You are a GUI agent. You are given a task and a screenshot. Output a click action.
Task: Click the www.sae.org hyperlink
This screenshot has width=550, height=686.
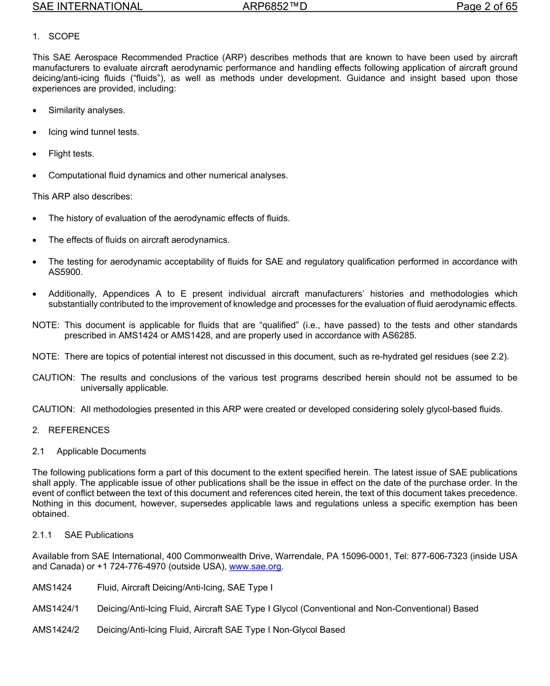(x=255, y=567)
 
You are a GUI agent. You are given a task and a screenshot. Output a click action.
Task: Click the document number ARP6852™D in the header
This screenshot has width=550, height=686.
(x=275, y=7)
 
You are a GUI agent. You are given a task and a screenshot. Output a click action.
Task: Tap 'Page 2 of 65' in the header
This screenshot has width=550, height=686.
(x=486, y=7)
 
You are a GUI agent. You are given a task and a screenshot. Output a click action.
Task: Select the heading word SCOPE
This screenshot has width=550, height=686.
(x=64, y=36)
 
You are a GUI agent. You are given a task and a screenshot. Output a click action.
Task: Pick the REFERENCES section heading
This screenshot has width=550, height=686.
(x=79, y=430)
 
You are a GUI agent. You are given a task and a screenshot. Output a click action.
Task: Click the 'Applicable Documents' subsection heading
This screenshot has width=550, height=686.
(x=101, y=452)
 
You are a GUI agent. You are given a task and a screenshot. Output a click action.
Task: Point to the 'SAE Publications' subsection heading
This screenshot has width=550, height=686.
(x=99, y=535)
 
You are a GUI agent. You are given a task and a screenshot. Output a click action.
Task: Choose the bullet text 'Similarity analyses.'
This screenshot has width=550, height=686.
(x=86, y=110)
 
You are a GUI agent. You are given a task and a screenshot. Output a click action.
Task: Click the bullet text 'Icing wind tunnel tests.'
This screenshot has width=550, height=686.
(x=94, y=132)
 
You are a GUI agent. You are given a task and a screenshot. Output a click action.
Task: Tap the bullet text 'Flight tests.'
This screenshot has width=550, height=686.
(x=71, y=153)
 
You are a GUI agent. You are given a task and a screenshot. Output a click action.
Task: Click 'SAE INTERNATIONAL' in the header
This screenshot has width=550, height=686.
(x=87, y=7)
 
